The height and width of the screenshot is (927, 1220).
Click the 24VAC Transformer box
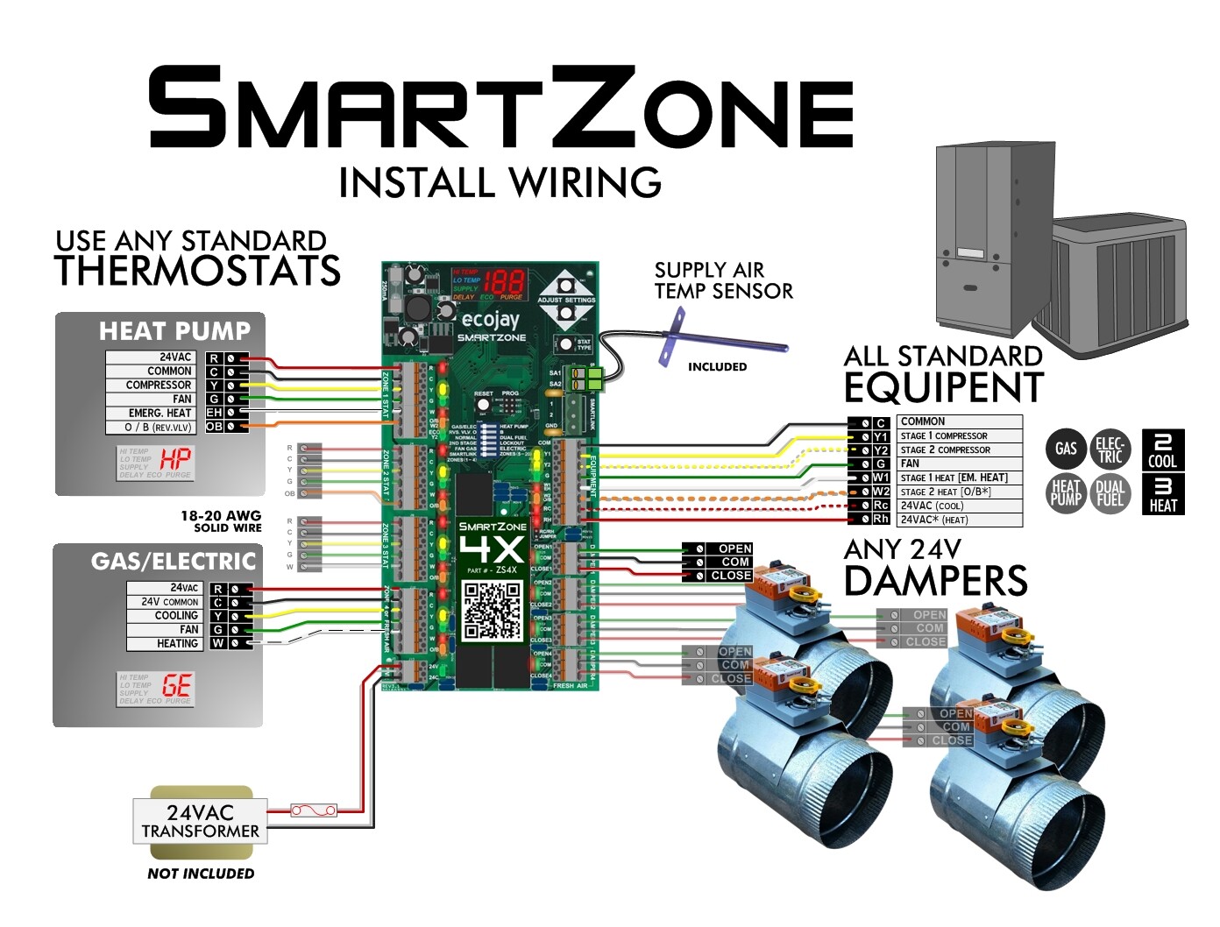[x=200, y=821]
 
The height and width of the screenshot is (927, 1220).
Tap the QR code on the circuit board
[x=493, y=610]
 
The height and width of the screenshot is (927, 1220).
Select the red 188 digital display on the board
[x=504, y=282]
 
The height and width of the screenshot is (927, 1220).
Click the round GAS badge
[x=1066, y=449]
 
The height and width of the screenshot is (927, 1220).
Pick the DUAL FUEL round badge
[x=1110, y=493]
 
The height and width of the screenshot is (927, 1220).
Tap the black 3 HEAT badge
[x=1163, y=493]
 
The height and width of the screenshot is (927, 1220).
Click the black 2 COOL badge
[x=1163, y=449]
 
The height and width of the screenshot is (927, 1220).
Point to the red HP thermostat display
[x=175, y=458]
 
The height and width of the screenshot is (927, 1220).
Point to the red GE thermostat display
[x=176, y=685]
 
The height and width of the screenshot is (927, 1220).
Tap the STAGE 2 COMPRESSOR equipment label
[x=945, y=449]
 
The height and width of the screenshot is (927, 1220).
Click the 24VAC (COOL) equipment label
[x=932, y=506]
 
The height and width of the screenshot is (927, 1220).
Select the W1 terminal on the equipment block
[x=881, y=478]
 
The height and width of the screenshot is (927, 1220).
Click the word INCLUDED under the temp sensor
[x=717, y=367]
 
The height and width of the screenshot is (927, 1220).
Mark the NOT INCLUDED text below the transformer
[x=201, y=874]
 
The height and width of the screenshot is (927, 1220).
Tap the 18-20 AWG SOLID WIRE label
[x=221, y=521]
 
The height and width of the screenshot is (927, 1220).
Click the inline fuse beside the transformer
[x=314, y=810]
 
